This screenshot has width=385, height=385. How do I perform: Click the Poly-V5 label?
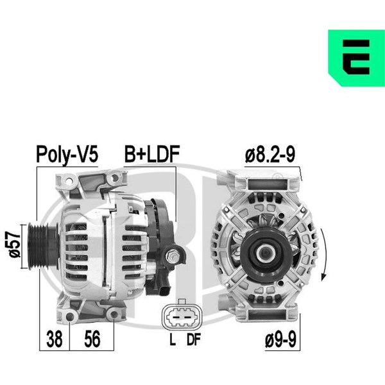[67, 154]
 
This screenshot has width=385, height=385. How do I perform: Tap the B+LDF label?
[152, 154]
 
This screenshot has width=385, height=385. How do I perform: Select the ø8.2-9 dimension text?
[270, 154]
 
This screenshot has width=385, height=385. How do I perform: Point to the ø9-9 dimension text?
[280, 339]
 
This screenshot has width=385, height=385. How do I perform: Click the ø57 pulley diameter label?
[15, 244]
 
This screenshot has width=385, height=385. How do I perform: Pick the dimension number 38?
[55, 339]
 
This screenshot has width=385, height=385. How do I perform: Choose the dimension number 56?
[92, 339]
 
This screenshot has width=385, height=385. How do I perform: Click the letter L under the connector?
[173, 339]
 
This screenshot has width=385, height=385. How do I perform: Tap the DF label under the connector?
[194, 339]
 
